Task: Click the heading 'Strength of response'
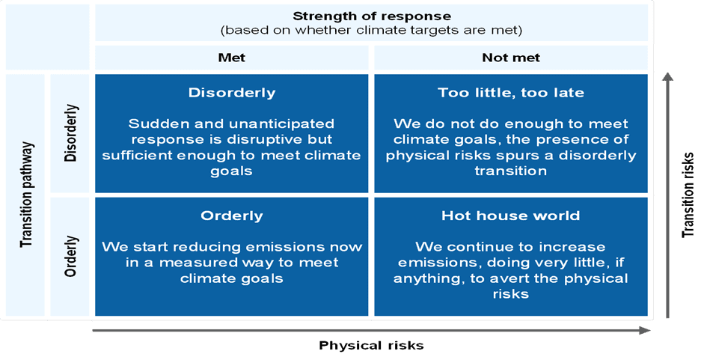(372, 16)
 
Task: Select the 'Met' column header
(232, 58)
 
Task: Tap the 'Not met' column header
(511, 58)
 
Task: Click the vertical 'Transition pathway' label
(27, 195)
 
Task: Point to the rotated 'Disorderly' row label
(71, 133)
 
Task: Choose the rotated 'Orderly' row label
(71, 256)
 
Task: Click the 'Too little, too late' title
(511, 93)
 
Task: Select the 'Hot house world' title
(511, 216)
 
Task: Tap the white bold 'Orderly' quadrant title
(232, 216)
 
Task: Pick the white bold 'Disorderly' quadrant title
(232, 93)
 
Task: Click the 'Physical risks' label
(372, 346)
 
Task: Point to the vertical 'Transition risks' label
(688, 195)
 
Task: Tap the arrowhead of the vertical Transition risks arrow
(668, 76)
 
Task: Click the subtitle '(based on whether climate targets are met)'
(372, 31)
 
